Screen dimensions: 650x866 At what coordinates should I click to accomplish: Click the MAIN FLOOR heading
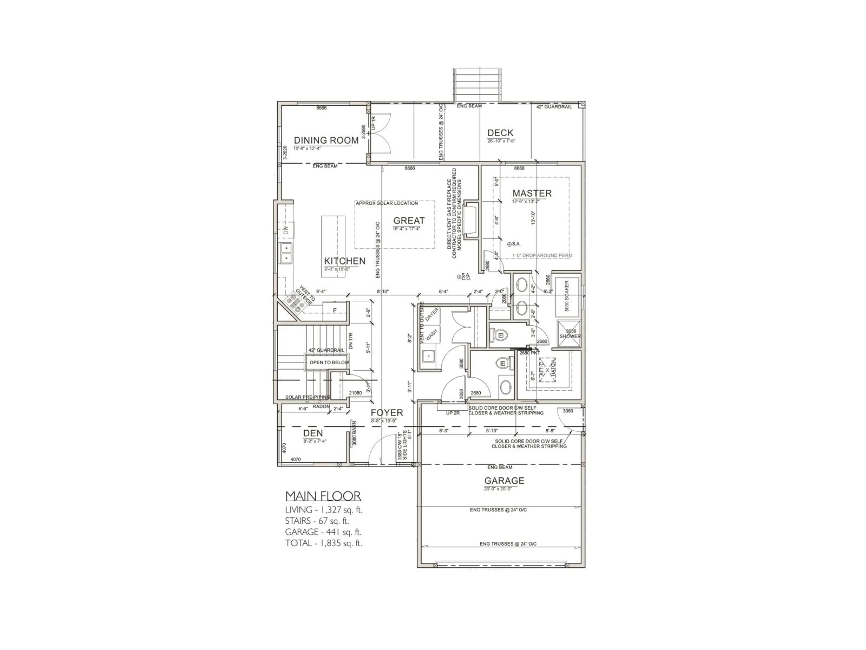pyautogui.click(x=323, y=496)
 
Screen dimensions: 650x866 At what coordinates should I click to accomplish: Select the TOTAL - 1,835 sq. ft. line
pyautogui.click(x=323, y=543)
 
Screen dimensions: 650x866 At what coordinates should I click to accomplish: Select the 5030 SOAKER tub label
pyautogui.click(x=567, y=296)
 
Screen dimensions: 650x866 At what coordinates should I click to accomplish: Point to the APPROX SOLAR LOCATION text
pyautogui.click(x=386, y=203)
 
